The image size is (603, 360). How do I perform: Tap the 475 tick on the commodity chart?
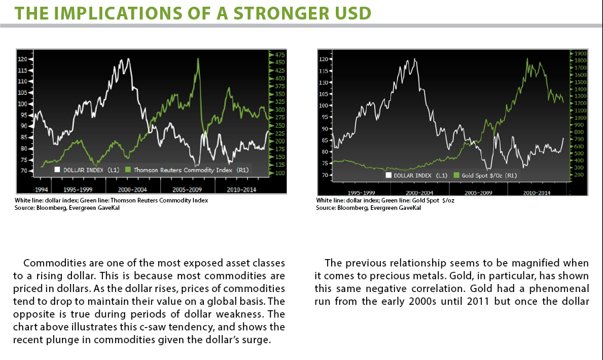279,55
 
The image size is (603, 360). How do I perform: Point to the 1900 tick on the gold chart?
580,53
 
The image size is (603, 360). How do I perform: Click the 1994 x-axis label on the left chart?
41,189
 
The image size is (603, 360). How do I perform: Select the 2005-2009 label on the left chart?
187,189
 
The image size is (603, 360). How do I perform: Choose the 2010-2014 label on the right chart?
536,192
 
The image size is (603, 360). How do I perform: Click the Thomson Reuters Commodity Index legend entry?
187,170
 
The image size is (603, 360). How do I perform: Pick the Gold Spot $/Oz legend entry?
485,176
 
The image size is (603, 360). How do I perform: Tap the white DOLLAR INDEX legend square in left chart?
57,170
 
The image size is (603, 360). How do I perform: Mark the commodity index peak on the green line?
198,59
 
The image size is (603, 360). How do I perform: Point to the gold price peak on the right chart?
527,59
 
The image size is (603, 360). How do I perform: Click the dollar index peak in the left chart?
128,59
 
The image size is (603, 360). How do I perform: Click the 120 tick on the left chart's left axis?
23,59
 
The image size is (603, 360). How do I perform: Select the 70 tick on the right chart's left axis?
324,175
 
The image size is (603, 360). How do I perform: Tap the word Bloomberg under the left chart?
50,208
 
